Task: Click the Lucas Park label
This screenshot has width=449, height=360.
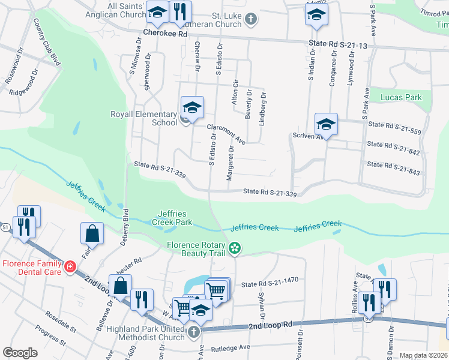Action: [401, 97]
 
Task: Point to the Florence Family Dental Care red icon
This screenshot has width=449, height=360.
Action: [70, 265]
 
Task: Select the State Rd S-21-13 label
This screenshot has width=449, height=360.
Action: [337, 44]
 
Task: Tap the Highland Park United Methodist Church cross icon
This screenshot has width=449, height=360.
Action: [193, 332]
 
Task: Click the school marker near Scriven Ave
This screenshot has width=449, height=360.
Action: [326, 124]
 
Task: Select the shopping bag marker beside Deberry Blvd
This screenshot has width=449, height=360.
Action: [92, 233]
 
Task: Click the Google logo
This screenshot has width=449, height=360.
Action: [20, 353]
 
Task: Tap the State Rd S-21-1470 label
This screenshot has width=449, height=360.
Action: [270, 280]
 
